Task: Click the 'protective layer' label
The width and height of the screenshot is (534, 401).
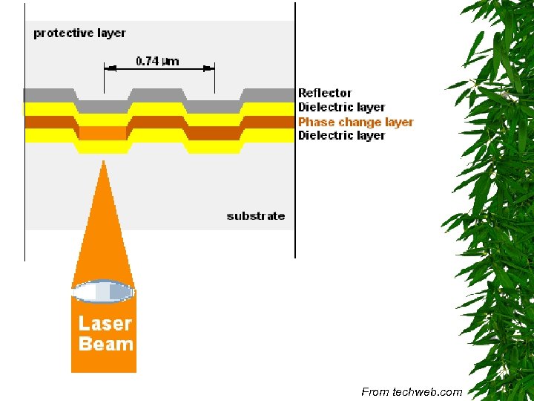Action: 79,33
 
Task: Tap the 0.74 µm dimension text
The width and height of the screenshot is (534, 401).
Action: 157,61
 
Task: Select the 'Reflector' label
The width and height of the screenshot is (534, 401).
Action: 325,93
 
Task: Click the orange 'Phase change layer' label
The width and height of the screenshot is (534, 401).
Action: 355,122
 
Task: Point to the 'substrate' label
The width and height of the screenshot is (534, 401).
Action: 255,216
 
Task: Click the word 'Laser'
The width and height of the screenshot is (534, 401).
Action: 105,324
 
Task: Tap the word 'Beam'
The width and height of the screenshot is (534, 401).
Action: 105,345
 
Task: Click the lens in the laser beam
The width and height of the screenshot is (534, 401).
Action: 103,292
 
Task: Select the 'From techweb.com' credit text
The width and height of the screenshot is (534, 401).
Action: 412,392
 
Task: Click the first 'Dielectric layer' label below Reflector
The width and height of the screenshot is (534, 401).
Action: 341,108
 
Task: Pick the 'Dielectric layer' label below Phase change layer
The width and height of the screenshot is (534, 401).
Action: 341,136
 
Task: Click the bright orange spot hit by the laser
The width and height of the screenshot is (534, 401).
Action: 103,134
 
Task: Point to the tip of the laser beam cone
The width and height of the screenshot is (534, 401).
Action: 103,162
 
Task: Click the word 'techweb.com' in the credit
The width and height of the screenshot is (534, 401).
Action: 427,392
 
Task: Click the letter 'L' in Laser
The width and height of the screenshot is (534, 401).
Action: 84,324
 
